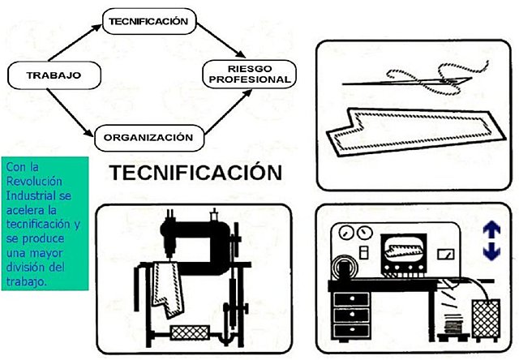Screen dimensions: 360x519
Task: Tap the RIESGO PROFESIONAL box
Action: click(249, 73)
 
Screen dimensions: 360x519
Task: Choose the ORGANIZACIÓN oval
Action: click(148, 136)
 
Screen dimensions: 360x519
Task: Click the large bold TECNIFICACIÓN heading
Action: click(195, 174)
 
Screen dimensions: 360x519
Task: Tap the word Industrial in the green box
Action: click(30, 199)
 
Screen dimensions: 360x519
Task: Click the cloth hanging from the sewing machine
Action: click(172, 288)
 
